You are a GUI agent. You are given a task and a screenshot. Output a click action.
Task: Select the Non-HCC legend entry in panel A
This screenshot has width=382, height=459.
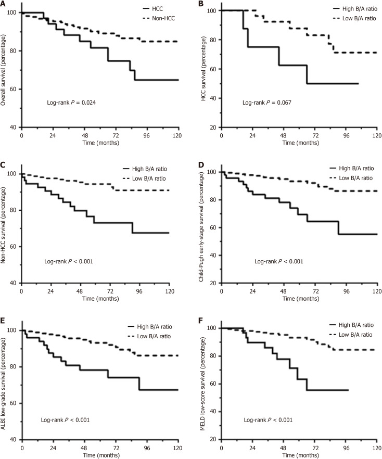pos(159,18)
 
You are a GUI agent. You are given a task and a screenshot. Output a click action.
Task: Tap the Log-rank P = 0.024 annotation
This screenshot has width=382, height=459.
pos(71,103)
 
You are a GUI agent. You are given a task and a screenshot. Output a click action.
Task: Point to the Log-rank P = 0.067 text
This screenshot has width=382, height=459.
pos(267,103)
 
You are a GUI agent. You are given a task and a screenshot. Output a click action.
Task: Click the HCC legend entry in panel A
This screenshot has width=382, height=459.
pos(153,9)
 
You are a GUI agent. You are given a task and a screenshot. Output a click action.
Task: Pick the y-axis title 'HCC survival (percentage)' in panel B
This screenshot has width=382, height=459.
pos(203,69)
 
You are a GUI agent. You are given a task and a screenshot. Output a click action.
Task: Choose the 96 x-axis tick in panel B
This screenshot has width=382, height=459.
pos(346,136)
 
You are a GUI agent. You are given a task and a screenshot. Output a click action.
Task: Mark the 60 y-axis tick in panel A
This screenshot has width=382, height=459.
pos(14,89)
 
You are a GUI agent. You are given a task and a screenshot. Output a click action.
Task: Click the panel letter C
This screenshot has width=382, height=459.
pos(3,164)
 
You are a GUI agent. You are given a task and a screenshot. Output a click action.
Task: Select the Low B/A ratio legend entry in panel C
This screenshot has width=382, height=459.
pos(144,178)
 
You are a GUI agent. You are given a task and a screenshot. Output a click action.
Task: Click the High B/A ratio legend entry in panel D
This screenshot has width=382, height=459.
pos(352,168)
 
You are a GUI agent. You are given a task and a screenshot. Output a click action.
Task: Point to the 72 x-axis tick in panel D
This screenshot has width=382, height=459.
pos(315,291)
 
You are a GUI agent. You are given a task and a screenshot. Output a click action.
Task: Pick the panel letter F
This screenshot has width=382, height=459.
pos(201,320)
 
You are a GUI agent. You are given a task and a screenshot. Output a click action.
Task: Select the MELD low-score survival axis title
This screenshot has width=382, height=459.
pos(202,384)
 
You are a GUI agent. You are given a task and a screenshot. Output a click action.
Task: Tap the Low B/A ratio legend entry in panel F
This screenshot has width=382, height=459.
pos(351,335)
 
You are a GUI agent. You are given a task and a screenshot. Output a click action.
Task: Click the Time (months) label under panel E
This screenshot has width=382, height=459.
pos(101,455)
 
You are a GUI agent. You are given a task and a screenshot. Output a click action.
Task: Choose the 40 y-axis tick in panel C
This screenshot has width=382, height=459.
pos(14,283)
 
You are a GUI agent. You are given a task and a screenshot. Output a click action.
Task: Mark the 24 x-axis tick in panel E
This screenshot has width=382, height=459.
pos(53,448)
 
